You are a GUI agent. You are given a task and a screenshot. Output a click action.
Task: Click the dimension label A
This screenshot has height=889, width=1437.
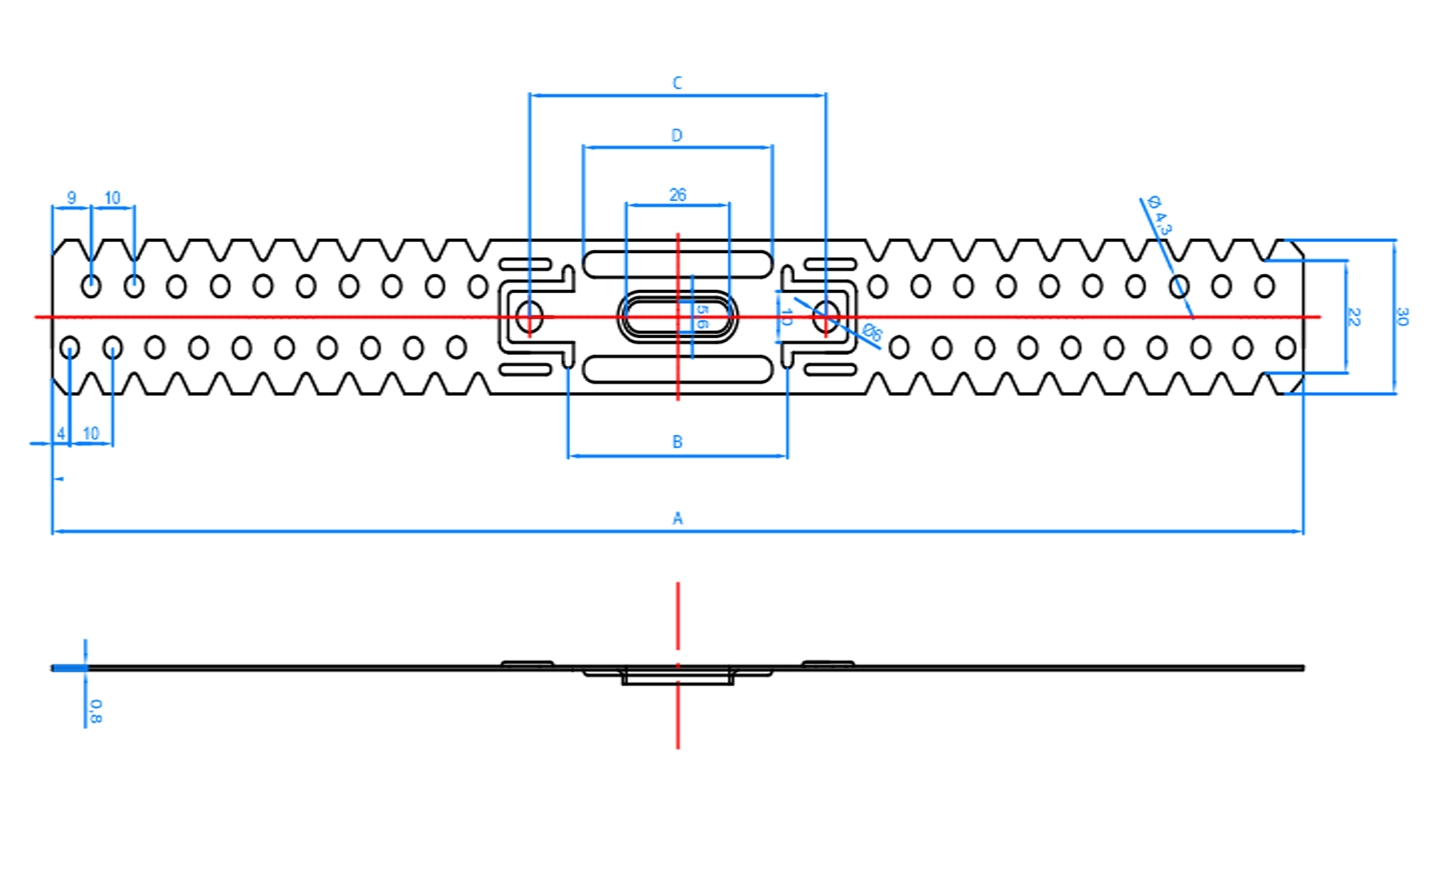[x=677, y=518]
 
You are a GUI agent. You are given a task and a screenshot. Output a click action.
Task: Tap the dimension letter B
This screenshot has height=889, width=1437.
[x=677, y=441]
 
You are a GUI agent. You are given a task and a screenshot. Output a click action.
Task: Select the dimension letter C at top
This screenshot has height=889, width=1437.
[x=677, y=82]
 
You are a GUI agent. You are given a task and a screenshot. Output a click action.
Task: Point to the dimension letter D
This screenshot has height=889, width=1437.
[x=677, y=135]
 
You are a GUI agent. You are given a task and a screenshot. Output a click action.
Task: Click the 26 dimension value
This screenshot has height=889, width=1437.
[x=677, y=195]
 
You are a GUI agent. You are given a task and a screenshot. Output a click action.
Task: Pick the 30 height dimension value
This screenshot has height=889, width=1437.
[x=1402, y=316]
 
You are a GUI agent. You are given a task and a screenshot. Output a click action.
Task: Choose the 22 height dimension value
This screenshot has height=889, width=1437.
[x=1354, y=316]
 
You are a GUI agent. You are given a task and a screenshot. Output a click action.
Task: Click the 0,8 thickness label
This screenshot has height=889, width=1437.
[x=95, y=711]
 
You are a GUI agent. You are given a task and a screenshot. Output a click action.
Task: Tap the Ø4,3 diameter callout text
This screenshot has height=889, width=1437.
[x=1159, y=215]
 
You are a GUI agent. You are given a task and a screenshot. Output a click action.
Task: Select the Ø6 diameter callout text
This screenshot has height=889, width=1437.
[x=872, y=332]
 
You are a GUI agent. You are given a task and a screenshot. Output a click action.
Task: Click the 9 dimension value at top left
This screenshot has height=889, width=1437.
[x=71, y=197]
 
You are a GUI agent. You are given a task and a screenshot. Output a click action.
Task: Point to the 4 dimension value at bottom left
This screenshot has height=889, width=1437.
[x=61, y=433]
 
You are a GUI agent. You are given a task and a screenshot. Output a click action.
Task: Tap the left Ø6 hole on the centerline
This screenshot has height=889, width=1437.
[x=528, y=317]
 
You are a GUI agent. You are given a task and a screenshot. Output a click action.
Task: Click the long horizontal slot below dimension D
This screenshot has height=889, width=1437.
[x=677, y=263]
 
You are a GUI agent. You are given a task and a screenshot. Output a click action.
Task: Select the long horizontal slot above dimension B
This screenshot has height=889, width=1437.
[x=677, y=370]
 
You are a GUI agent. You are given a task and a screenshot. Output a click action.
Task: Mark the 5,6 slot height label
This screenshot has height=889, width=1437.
[x=702, y=316]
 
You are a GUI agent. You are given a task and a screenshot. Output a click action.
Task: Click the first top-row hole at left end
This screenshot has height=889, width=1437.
[x=91, y=286]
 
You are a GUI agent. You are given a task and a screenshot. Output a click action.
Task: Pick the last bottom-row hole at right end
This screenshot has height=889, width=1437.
[x=1286, y=348]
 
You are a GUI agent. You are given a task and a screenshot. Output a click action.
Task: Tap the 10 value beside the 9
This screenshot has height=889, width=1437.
[x=112, y=197]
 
